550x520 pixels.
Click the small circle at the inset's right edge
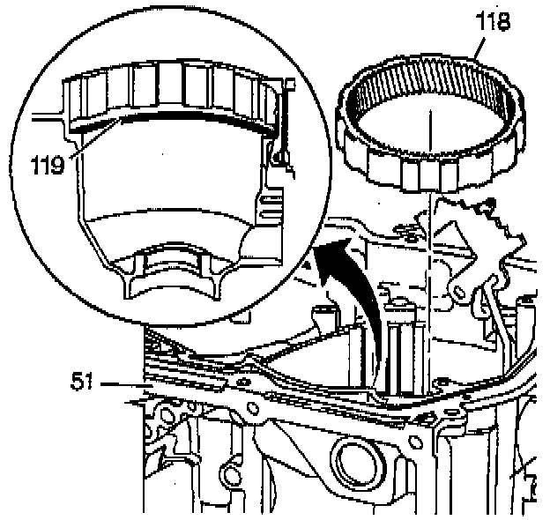click(279, 158)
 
